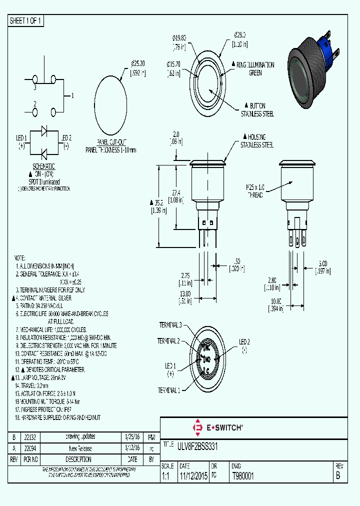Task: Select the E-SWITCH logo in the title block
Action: (217, 427)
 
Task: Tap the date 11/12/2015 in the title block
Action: (193, 476)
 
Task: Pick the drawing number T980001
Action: (243, 476)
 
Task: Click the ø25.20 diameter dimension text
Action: (137, 68)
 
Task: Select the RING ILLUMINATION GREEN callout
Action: (255, 68)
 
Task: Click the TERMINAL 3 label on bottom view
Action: (170, 325)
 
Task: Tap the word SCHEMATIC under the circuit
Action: (44, 166)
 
